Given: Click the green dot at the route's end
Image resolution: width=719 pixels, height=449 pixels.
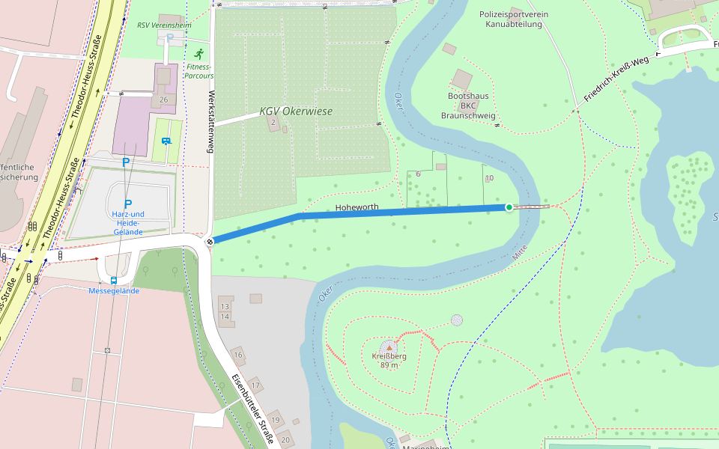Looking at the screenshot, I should (509, 207).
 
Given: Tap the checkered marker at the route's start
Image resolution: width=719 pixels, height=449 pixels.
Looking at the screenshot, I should (211, 241).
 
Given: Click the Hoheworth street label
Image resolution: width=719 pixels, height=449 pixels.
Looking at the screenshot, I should (357, 207).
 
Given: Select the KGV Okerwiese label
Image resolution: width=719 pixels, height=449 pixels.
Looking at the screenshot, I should (296, 112).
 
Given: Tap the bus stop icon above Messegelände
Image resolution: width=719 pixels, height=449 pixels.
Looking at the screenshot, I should (113, 281).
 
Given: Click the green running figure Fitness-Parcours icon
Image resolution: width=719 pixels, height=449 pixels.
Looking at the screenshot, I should (198, 55).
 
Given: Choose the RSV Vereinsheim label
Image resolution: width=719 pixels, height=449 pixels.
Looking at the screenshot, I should (164, 25).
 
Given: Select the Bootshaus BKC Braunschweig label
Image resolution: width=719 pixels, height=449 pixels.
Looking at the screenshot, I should (468, 106).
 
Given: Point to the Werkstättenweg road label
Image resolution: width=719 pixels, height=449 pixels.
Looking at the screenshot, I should (212, 122).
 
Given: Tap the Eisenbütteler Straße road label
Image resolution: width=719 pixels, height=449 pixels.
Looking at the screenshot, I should (251, 409).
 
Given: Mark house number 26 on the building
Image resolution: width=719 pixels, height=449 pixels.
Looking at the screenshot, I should (164, 100).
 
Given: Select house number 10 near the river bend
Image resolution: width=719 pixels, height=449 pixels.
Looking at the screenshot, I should (489, 178).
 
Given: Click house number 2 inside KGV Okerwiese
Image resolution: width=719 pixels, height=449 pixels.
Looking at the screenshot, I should (273, 123).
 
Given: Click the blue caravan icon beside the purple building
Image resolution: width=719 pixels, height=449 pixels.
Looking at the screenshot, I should (166, 141).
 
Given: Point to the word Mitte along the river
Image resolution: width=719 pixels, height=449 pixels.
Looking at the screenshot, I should (520, 253).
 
